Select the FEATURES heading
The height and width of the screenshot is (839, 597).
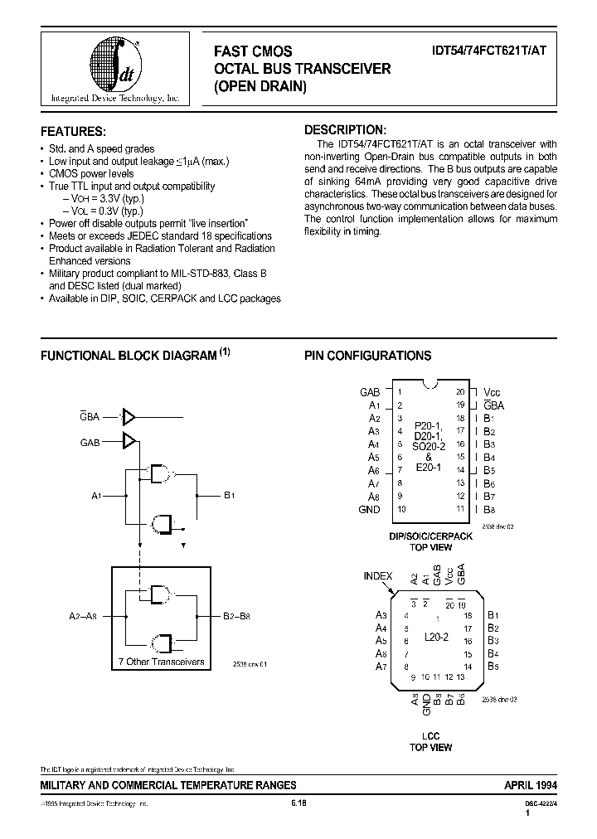74,131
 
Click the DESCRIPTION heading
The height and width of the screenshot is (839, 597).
345,130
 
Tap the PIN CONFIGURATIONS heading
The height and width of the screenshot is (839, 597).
367,356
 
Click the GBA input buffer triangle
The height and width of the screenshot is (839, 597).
129,417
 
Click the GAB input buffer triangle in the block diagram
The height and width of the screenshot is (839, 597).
129,442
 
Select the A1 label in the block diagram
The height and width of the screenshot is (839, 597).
96,496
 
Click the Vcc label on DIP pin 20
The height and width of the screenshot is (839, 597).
493,392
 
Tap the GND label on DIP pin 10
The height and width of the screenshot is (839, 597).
369,509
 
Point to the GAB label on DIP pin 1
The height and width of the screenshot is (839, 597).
370,392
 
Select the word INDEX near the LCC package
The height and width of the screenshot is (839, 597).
378,575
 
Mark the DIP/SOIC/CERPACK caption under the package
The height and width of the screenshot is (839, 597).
430,536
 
